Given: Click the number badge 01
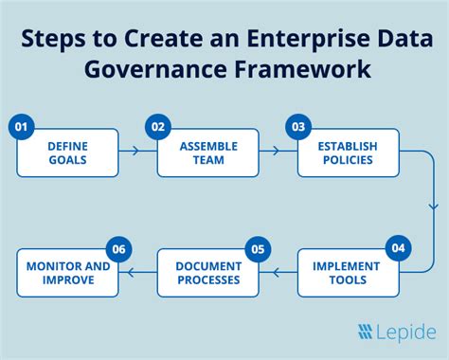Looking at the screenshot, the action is click(x=21, y=127).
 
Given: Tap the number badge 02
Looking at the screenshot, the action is click(x=158, y=127).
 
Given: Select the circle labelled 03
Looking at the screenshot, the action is click(x=298, y=127).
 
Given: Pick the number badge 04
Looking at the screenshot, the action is click(x=399, y=248).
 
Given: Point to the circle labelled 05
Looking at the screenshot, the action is click(x=258, y=249).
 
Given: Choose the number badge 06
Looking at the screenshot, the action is click(x=118, y=249).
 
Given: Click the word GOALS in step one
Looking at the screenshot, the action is click(x=67, y=160).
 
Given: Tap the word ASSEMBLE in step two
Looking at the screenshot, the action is click(x=208, y=147).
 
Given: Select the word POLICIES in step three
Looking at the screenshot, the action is click(x=348, y=160).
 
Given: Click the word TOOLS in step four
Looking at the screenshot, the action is click(x=348, y=280).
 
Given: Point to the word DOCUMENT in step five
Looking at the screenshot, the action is click(x=208, y=266).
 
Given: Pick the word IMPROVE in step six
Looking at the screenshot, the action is click(x=68, y=280).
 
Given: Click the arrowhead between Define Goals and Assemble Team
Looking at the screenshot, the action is click(x=135, y=151).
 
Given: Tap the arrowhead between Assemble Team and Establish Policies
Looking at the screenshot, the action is click(x=277, y=151).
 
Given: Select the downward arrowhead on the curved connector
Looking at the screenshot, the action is click(x=434, y=207).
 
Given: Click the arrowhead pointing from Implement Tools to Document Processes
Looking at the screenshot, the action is click(x=277, y=272).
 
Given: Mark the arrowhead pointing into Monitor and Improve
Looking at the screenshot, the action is click(x=131, y=272).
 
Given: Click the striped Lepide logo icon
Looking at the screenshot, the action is click(x=366, y=332).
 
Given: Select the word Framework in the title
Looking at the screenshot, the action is click(x=302, y=69).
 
